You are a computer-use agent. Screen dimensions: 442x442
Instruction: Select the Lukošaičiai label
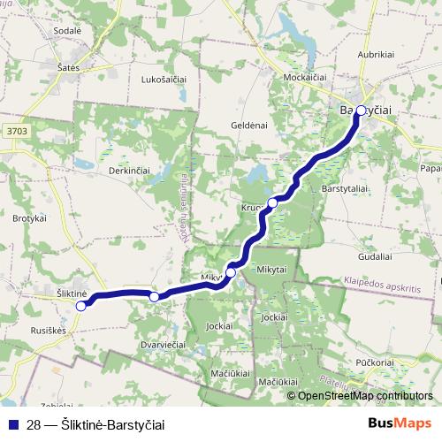pyautogui.click(x=164, y=80)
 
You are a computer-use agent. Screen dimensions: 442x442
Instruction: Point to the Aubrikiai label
pyautogui.click(x=375, y=55)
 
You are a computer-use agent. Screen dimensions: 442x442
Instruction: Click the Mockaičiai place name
pyautogui.click(x=306, y=78)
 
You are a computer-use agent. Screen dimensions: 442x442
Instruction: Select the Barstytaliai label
pyautogui.click(x=345, y=189)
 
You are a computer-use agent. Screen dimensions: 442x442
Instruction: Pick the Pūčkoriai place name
pyautogui.click(x=376, y=362)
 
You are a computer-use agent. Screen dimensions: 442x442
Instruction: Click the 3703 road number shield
pyautogui.click(x=16, y=131)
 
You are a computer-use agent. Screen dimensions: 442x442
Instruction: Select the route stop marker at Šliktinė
pyautogui.click(x=80, y=306)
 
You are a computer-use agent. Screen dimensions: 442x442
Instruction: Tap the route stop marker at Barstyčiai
pyautogui.click(x=360, y=110)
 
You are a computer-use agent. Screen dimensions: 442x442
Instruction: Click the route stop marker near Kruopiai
pyautogui.click(x=272, y=203)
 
